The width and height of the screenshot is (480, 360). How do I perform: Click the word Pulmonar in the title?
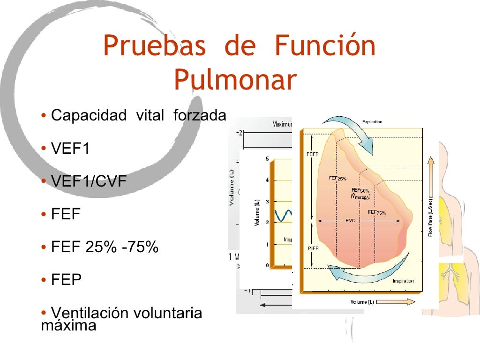pyautogui.click(x=235, y=80)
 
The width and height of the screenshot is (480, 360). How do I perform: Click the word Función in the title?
pyautogui.click(x=325, y=46)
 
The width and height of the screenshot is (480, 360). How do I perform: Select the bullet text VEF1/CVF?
pyautogui.click(x=89, y=181)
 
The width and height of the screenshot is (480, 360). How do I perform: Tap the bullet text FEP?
pyautogui.click(x=66, y=280)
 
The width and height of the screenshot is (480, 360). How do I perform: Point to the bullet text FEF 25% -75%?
pyautogui.click(x=105, y=247)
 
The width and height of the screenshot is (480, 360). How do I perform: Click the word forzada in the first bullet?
pyautogui.click(x=200, y=115)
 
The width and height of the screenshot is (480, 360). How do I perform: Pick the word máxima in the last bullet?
pyautogui.click(x=69, y=325)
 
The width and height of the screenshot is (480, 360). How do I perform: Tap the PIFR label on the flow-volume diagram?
pyautogui.click(x=313, y=248)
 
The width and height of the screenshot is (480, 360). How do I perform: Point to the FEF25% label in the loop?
pyautogui.click(x=338, y=179)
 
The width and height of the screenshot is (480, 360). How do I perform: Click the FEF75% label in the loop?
pyautogui.click(x=377, y=212)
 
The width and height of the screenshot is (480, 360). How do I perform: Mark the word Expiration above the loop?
pyautogui.click(x=372, y=122)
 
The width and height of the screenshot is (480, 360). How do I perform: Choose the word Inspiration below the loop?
pyautogui.click(x=403, y=281)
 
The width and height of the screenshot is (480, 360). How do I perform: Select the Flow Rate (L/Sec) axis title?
pyautogui.click(x=430, y=217)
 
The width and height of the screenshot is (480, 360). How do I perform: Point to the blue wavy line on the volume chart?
pyautogui.click(x=283, y=215)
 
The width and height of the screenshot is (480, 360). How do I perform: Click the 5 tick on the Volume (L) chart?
pyautogui.click(x=267, y=159)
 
